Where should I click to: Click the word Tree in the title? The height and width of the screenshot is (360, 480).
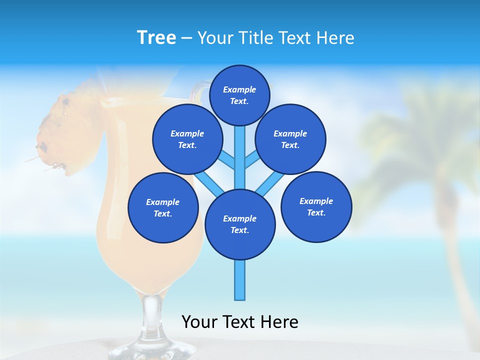(x=156, y=37)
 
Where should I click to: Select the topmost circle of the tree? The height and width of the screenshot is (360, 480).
(x=239, y=95)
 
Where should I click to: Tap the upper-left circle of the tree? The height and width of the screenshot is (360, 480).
(x=187, y=139)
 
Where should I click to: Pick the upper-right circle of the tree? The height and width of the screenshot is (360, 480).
(x=290, y=139)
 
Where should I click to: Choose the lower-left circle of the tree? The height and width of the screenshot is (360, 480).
(x=162, y=208)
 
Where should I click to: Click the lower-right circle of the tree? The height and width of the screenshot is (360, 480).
(x=316, y=207)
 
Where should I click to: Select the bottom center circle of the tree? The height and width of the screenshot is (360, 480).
(x=240, y=224)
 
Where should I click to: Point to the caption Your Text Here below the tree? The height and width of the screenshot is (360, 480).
(x=239, y=322)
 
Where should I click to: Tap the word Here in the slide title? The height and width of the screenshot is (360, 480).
(x=335, y=37)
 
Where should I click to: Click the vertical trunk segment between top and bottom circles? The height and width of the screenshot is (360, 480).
(x=240, y=160)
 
